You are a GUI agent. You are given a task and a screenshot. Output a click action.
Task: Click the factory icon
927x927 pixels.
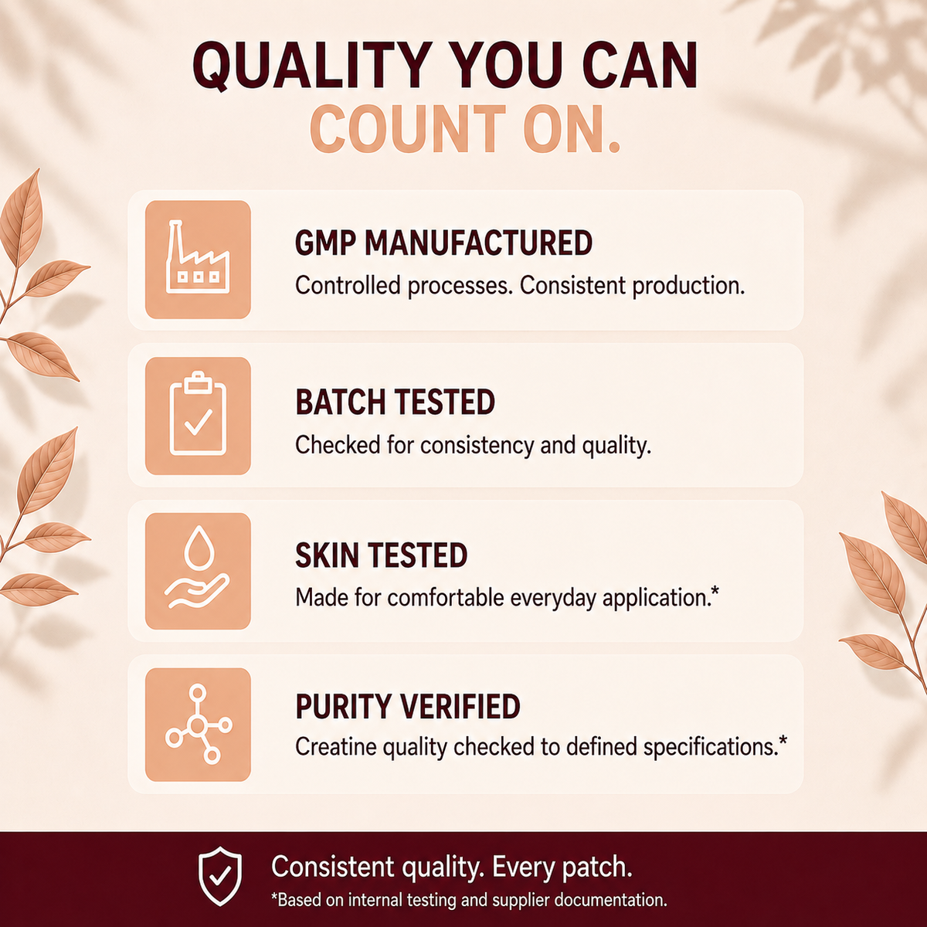pos(198,257)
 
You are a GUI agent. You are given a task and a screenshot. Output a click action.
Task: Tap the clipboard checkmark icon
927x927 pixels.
pos(198,414)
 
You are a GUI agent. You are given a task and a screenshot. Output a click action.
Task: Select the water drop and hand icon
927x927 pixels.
pos(197,568)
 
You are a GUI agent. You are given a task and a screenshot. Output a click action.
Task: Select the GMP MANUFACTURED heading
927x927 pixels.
pos(443,243)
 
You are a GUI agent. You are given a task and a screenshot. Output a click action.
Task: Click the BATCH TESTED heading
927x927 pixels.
pos(395,402)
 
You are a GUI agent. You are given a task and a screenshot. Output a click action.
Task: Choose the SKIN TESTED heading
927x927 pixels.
pos(381,555)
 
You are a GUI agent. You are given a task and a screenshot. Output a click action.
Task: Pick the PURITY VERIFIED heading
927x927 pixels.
pos(407,706)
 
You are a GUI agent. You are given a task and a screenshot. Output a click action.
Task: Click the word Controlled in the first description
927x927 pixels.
pos(348,286)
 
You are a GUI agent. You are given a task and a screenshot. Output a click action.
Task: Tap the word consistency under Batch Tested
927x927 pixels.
pos(477,446)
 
